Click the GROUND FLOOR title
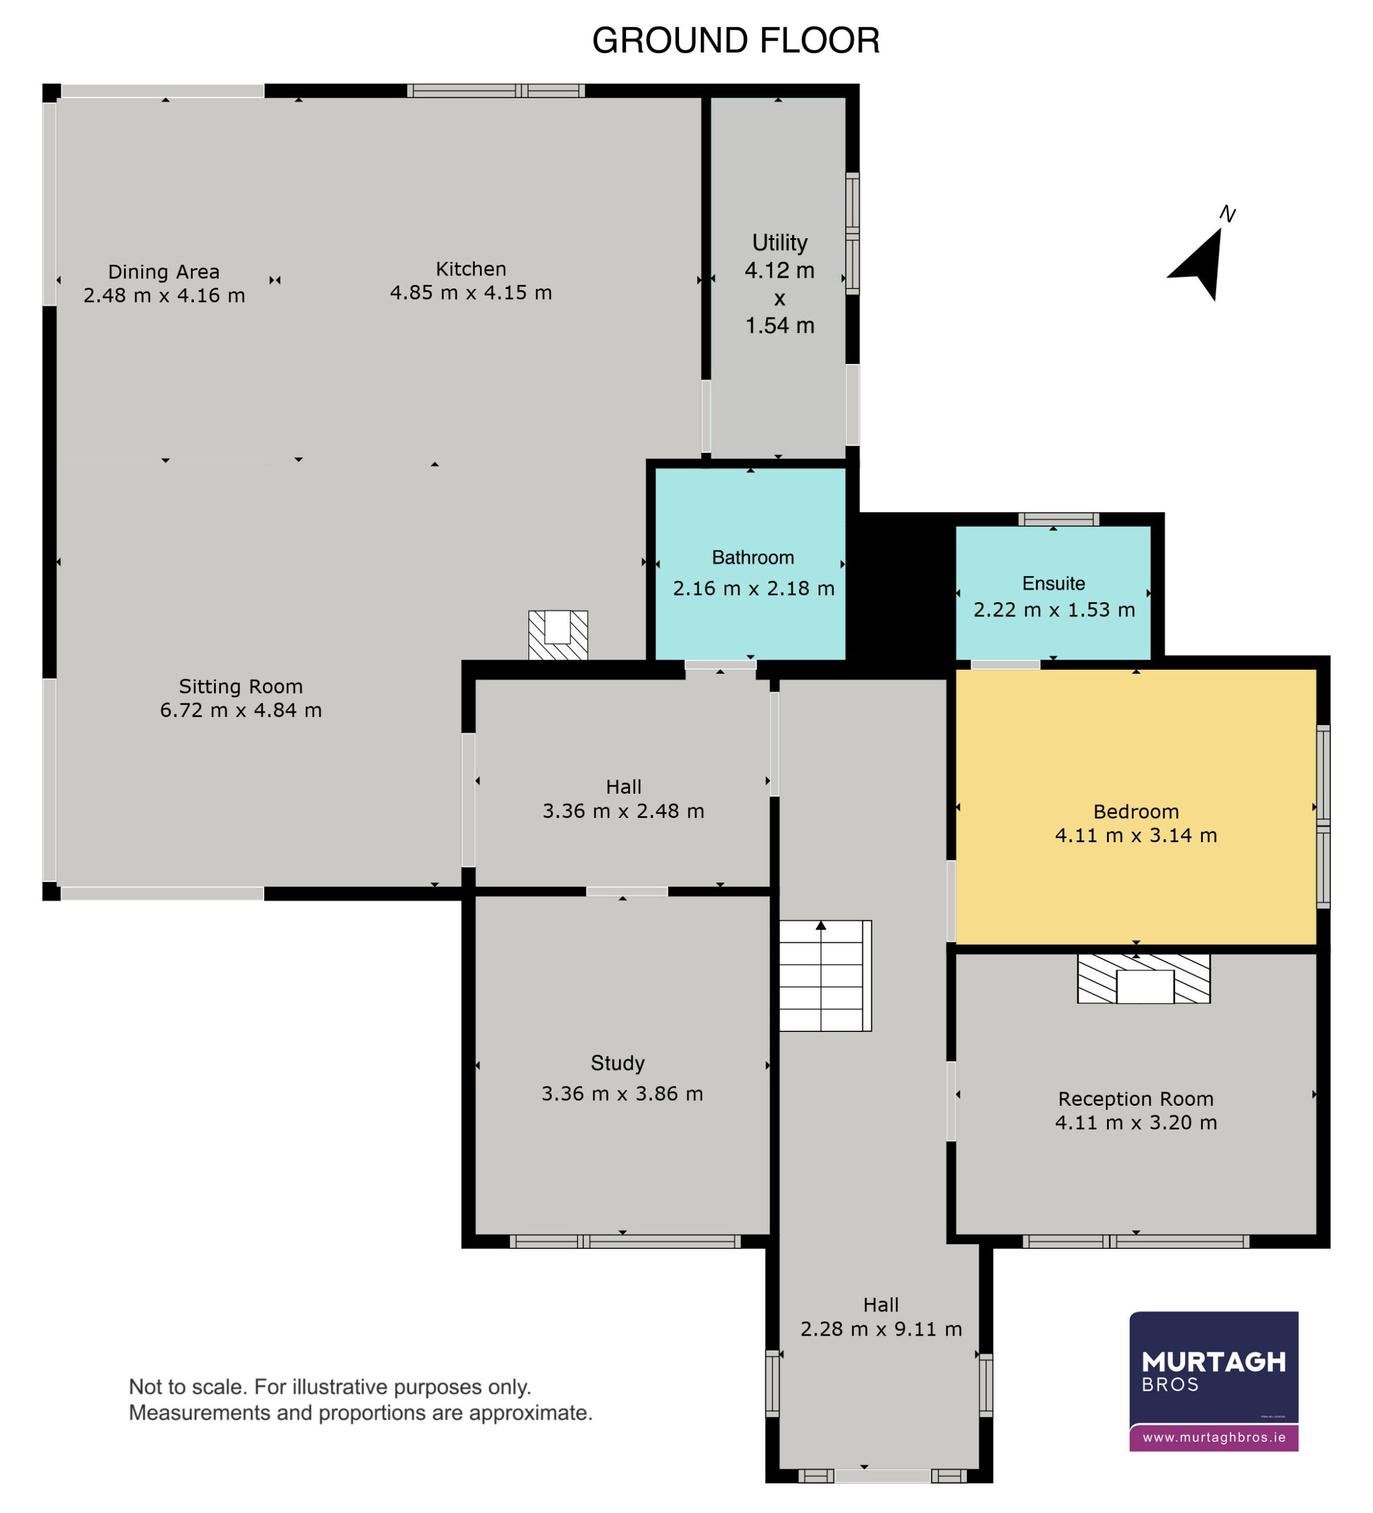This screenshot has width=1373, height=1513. tap(736, 41)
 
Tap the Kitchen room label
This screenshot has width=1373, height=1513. tap(470, 269)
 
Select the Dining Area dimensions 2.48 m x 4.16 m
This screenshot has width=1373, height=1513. tap(164, 296)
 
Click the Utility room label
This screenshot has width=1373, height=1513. tap(780, 242)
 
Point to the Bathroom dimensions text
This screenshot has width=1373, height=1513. tap(754, 589)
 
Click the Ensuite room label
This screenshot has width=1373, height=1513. tap(1053, 583)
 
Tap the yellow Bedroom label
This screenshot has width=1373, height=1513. tap(1136, 811)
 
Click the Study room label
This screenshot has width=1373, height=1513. tap(617, 1063)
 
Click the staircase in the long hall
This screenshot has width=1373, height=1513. tap(825, 976)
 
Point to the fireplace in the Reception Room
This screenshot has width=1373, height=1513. tap(1143, 979)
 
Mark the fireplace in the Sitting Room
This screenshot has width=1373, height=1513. tap(558, 635)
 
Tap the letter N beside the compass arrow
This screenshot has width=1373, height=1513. tap(1228, 214)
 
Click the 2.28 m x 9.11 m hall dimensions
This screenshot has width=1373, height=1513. tap(881, 1329)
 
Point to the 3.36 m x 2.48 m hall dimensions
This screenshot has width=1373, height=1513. tap(623, 810)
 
